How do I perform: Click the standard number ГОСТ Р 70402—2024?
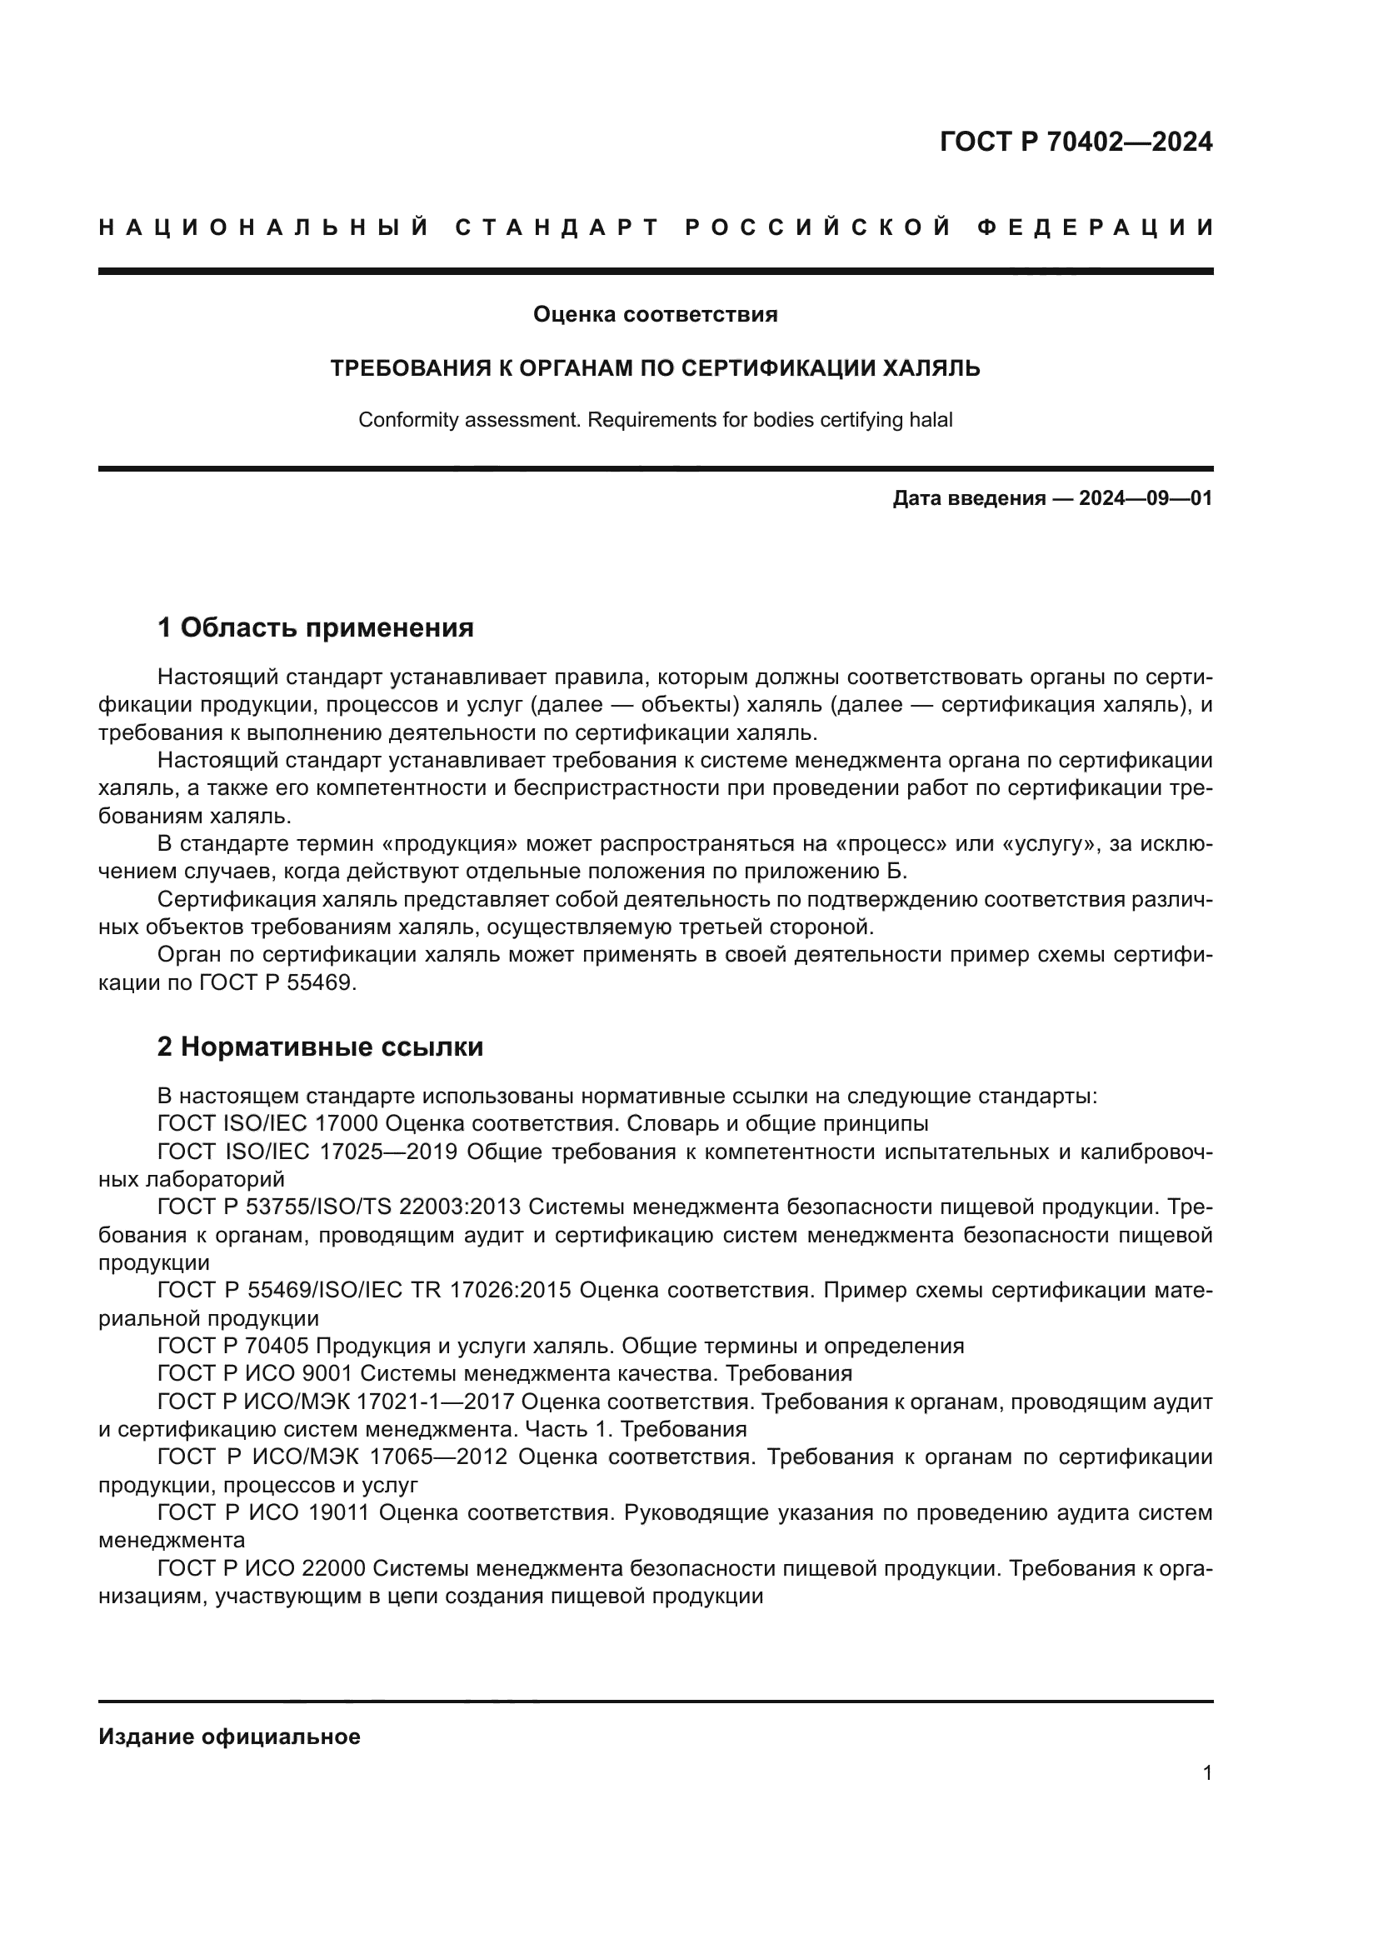click(1075, 142)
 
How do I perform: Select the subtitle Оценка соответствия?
click(655, 315)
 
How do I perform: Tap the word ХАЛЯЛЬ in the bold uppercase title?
click(931, 368)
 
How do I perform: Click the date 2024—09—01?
click(1146, 498)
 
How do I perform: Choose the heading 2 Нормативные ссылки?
click(320, 1047)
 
